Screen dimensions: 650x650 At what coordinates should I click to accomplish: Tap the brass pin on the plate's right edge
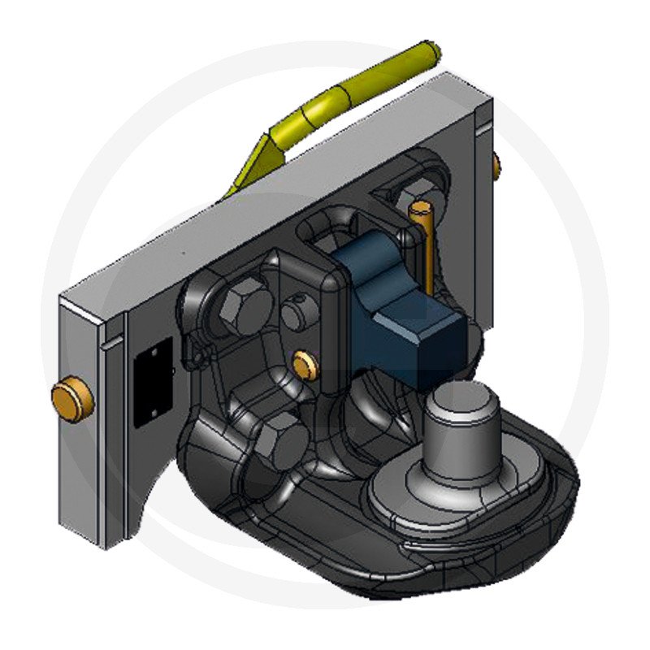click(496, 167)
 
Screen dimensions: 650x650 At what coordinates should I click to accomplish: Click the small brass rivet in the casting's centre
click(303, 366)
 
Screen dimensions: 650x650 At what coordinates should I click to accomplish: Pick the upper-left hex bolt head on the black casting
click(244, 307)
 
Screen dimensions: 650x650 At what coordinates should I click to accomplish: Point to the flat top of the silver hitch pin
click(457, 398)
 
